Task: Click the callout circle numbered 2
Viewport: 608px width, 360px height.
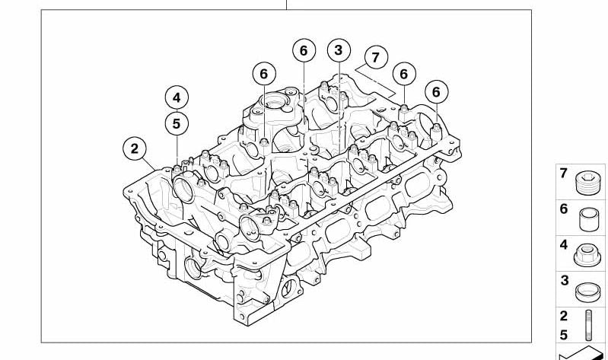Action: point(135,148)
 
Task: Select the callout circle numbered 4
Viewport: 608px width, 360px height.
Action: point(177,97)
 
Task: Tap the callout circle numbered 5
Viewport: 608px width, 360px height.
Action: point(177,124)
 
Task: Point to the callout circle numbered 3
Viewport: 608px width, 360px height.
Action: point(339,50)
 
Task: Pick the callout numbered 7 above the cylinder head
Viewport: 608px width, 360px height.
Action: point(375,57)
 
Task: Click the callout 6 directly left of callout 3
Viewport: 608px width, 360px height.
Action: point(304,50)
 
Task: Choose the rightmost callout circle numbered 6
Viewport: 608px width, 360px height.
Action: point(436,92)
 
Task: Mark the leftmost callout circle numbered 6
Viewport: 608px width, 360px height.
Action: point(264,74)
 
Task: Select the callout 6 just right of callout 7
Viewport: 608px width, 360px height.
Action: point(404,74)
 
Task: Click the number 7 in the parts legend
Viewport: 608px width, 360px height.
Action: point(564,173)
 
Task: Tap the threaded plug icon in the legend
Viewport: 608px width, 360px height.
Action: point(587,183)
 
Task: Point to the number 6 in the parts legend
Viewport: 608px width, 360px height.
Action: point(564,209)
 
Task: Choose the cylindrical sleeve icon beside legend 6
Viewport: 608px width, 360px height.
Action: point(589,219)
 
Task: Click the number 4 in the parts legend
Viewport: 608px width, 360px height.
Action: point(564,245)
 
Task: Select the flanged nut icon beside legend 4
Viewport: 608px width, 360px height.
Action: point(587,255)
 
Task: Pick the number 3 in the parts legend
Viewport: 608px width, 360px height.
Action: point(564,280)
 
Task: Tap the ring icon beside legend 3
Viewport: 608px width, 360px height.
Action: point(588,292)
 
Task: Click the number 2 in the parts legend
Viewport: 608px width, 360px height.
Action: point(564,316)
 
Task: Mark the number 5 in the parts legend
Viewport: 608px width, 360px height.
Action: point(564,335)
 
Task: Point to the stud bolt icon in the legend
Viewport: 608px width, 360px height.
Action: point(590,325)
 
